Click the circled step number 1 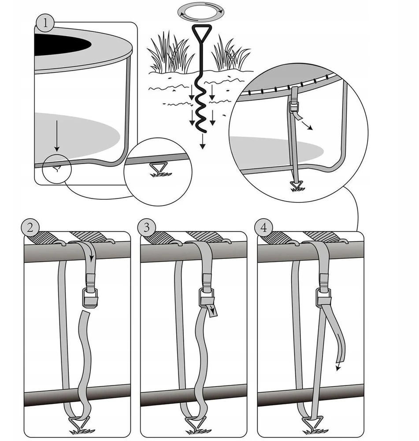coord(45,23)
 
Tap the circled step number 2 coord(30,228)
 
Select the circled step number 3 coord(146,228)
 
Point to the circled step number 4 coord(263,228)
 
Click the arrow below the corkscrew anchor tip coord(202,141)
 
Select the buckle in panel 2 coord(90,298)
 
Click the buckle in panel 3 coord(207,298)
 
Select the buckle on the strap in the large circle coord(294,107)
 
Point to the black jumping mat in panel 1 coord(62,45)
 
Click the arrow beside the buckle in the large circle coord(307,125)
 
